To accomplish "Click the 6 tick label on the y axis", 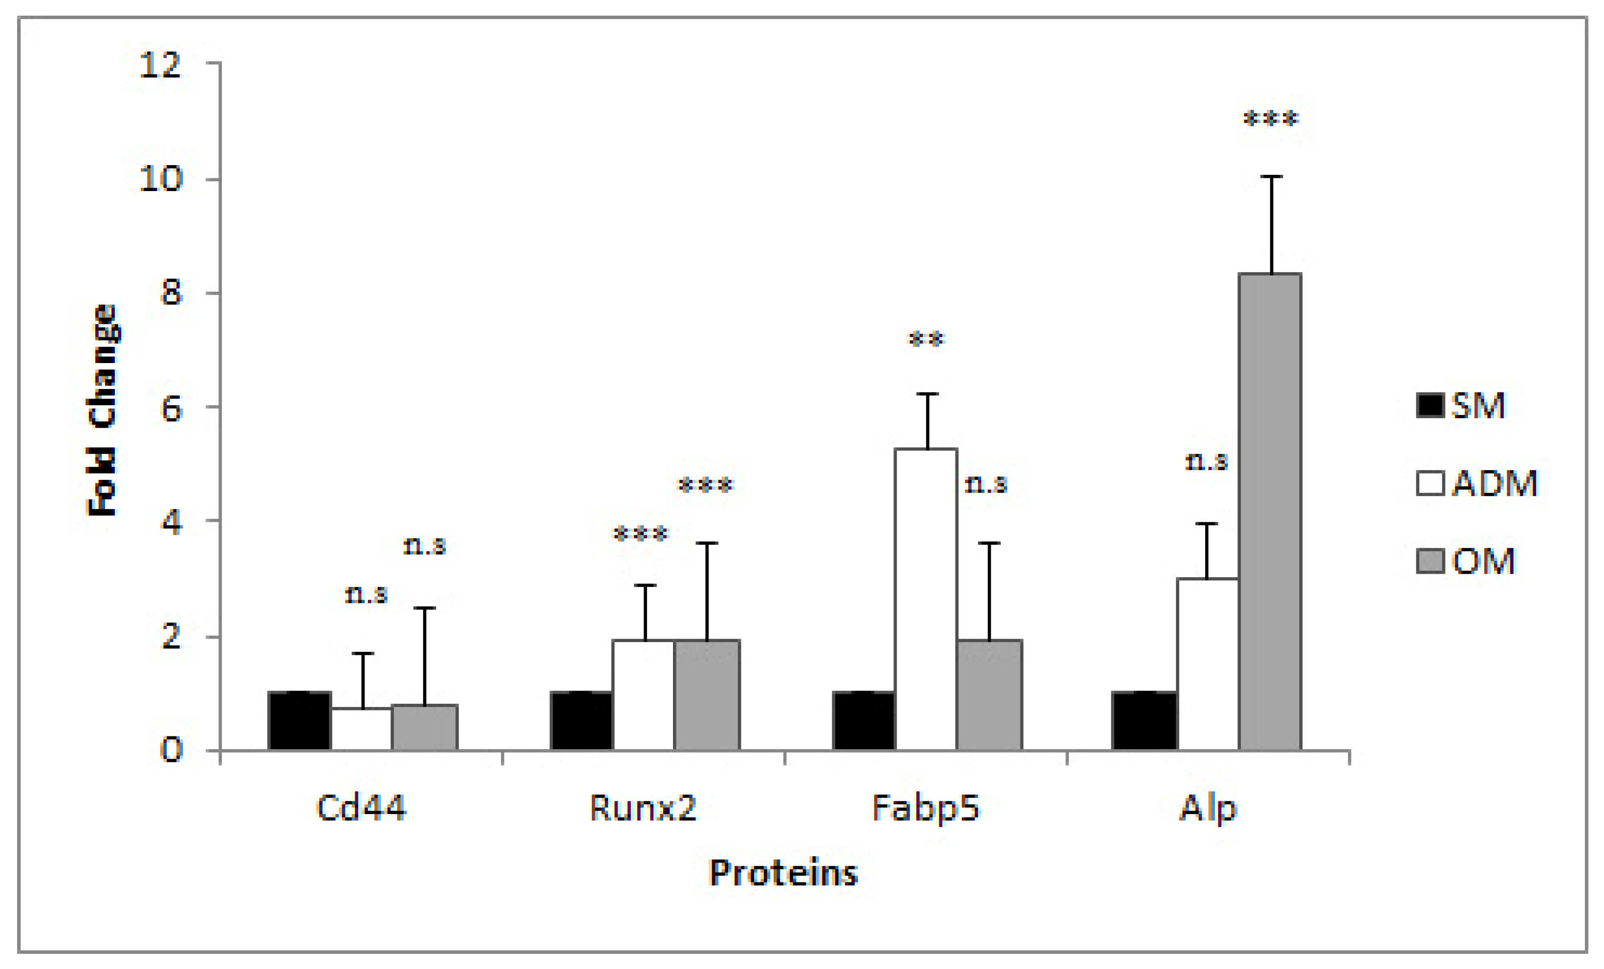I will [x=171, y=409].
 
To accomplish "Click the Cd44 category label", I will [x=361, y=808].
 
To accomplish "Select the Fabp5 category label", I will [x=926, y=808].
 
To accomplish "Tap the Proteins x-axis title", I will [x=783, y=873].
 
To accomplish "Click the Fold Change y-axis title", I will [x=102, y=410].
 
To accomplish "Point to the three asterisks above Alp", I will [x=1271, y=119].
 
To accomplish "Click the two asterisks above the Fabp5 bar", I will [x=926, y=340].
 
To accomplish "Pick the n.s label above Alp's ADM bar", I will [x=1206, y=461].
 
